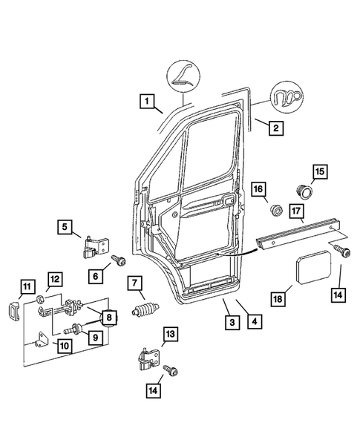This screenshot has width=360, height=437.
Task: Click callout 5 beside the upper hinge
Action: point(65,228)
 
